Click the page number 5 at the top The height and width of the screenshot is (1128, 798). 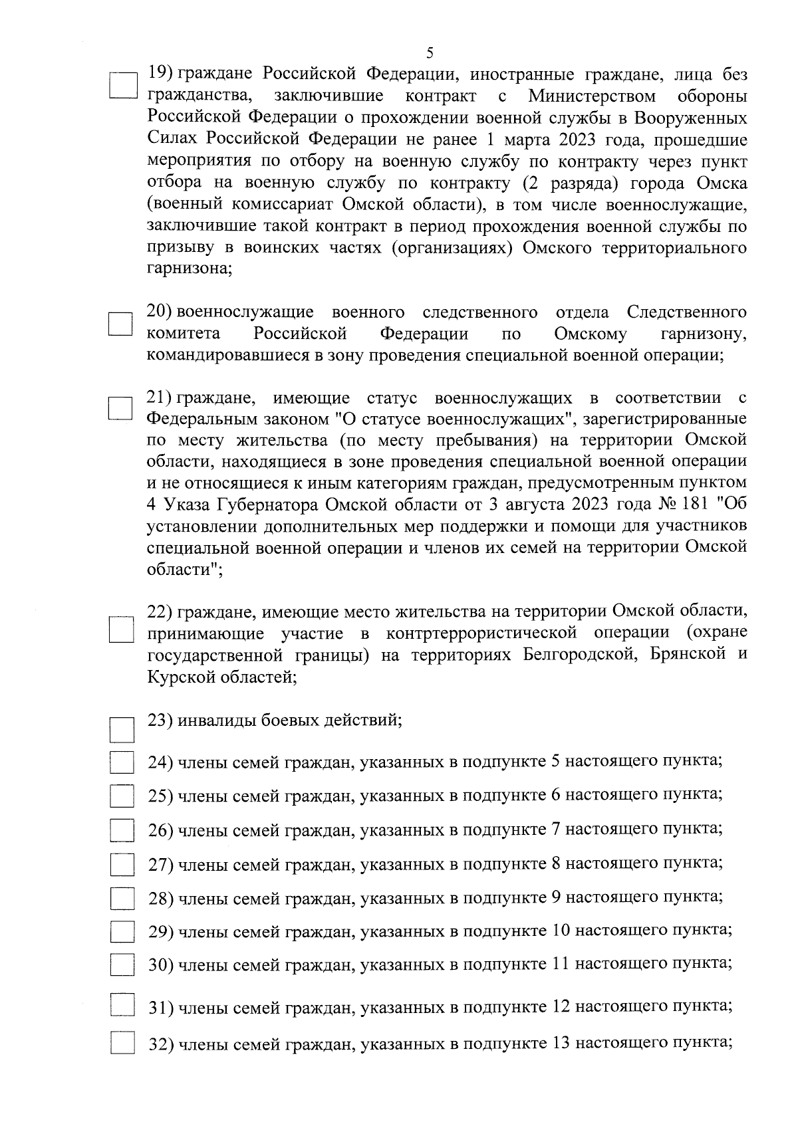pos(429,53)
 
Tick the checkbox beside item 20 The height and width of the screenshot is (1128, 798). pos(122,325)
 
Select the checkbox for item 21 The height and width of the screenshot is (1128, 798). pos(122,408)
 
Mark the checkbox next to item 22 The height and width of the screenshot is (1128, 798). pos(122,629)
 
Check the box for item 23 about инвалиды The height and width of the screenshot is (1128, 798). pos(122,729)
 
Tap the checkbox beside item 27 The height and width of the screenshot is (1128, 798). pos(122,865)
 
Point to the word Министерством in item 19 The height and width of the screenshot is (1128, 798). pos(592,96)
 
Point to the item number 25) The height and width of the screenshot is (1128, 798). pos(161,795)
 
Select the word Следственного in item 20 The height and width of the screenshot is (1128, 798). pos(686,312)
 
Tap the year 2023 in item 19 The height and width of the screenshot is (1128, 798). pos(573,140)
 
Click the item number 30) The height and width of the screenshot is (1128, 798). pos(161,964)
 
